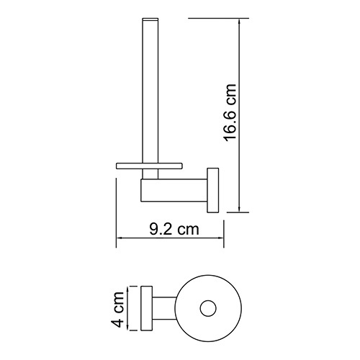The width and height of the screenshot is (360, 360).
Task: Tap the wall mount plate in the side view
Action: point(214,189)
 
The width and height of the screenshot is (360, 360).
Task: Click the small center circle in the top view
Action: point(208,309)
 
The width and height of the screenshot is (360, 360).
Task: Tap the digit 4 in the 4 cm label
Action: point(120,319)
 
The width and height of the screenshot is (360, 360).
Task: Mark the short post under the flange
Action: point(149,174)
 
